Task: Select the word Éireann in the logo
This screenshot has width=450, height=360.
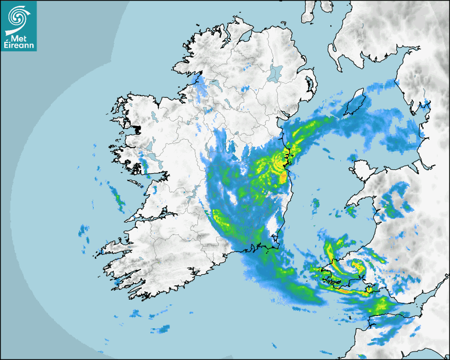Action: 19,46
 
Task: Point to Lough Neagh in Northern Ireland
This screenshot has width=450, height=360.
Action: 275,72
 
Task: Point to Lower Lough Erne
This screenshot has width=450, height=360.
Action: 214,85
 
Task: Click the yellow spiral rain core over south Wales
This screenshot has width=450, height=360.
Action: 358,266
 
